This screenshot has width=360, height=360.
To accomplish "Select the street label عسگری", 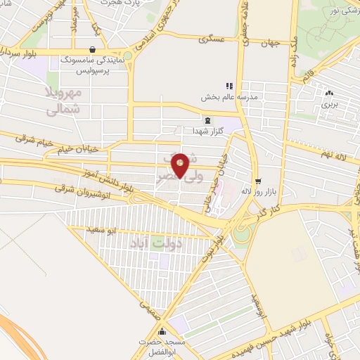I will (x=214, y=41).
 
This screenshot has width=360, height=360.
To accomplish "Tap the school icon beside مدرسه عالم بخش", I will (x=229, y=85).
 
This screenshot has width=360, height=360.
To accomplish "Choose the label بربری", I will (x=330, y=103).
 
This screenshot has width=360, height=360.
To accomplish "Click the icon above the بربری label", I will (x=330, y=92).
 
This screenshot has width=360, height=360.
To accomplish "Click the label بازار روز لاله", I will (x=256, y=191).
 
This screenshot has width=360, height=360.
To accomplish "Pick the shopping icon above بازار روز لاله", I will (x=257, y=181).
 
